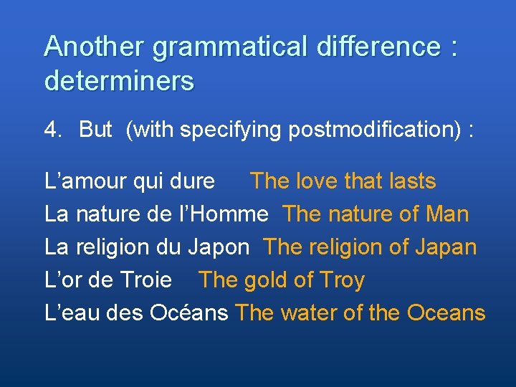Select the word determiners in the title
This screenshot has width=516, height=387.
tap(119, 81)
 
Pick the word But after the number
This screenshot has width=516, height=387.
tap(95, 130)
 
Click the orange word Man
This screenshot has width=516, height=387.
tap(446, 214)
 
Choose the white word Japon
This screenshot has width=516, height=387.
tap(219, 247)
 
